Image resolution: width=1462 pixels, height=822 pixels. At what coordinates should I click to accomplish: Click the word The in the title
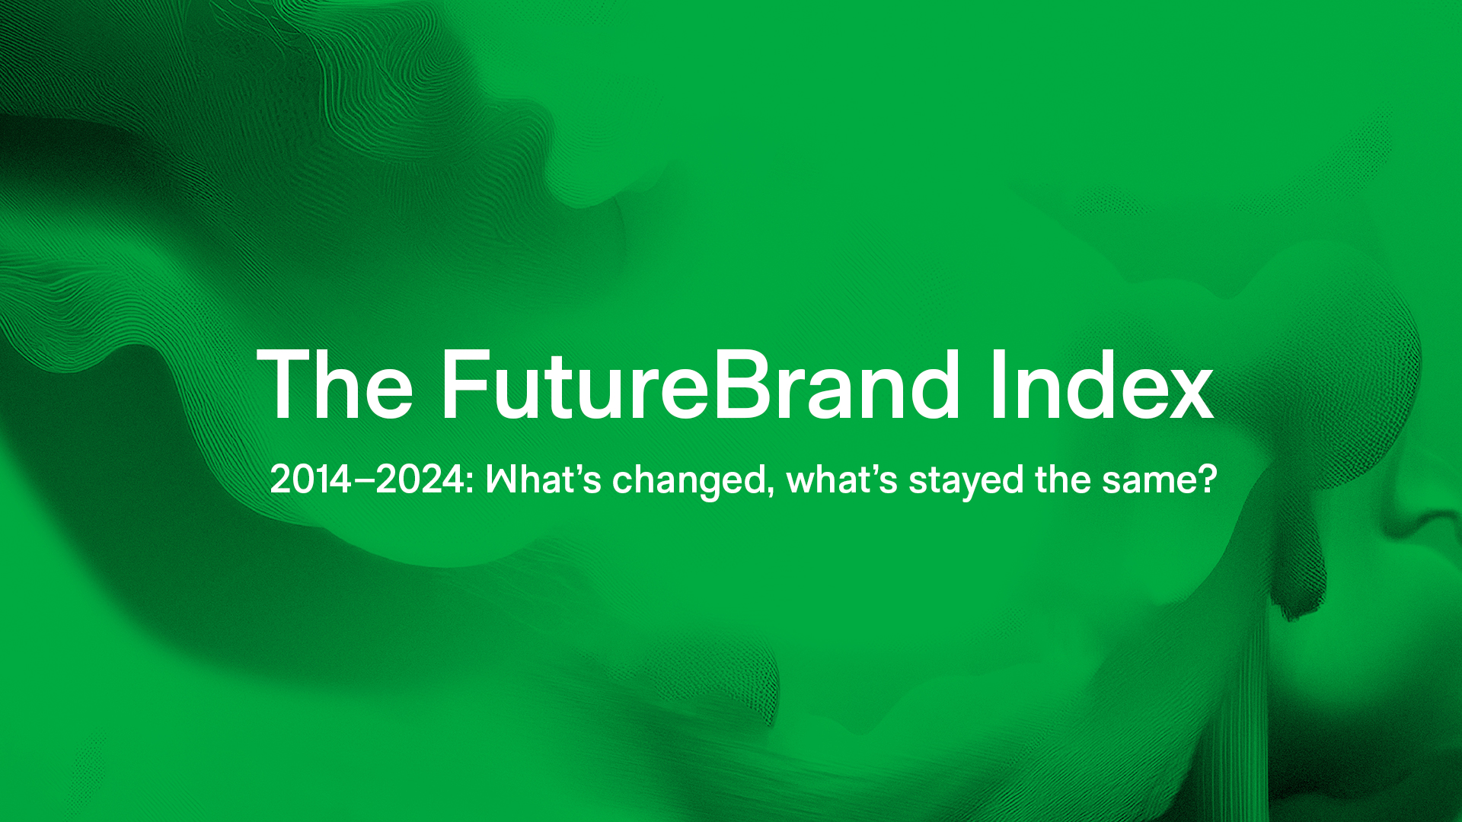pyautogui.click(x=335, y=384)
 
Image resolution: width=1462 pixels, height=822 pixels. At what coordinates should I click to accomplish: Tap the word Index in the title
pyautogui.click(x=1102, y=384)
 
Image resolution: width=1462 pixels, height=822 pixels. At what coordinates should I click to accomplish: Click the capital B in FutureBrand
pyautogui.click(x=739, y=384)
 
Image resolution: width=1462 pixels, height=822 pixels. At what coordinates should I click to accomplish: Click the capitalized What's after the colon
pyautogui.click(x=544, y=479)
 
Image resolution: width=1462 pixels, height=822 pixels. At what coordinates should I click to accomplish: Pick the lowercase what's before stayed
pyautogui.click(x=842, y=479)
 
